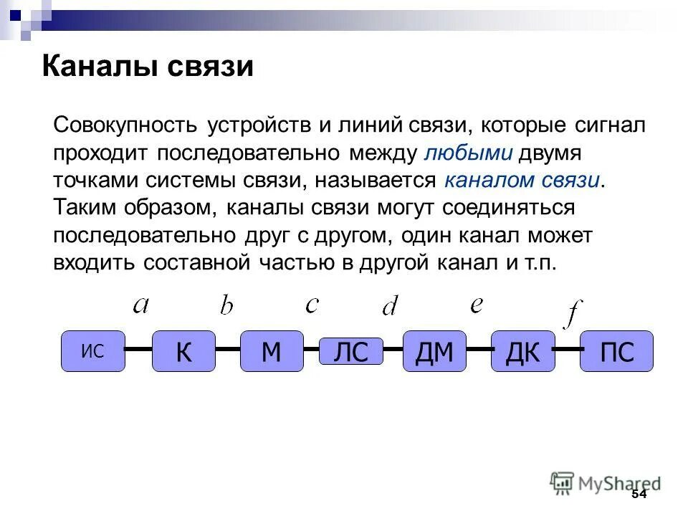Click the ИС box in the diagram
(93, 351)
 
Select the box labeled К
(183, 351)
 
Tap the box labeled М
(272, 351)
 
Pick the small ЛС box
(351, 352)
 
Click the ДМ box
(434, 351)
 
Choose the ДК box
(522, 351)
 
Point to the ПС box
(616, 351)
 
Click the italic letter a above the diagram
(140, 305)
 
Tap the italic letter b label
(226, 305)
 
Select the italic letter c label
(312, 305)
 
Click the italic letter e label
(477, 305)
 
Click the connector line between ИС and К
(138, 350)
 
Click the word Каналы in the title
(100, 67)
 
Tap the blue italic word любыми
(469, 153)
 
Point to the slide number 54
(639, 494)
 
